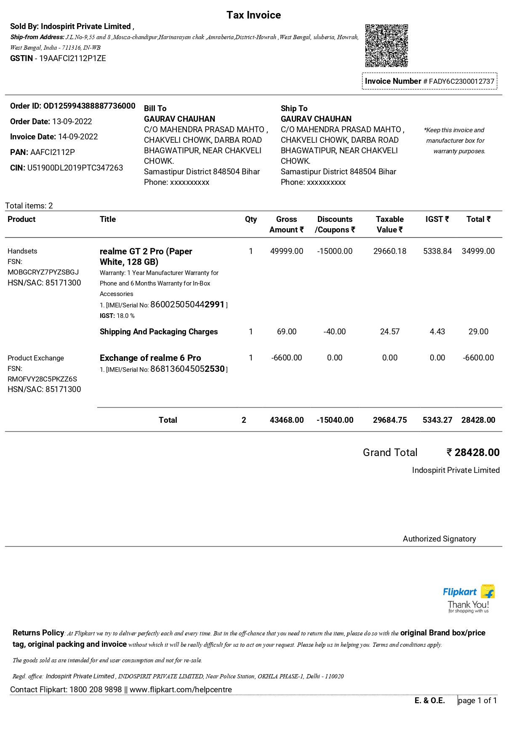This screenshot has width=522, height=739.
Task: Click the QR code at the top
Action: coord(386,45)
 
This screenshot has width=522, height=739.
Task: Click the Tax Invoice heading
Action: coord(253,15)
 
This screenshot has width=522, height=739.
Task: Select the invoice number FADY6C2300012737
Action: coord(461,81)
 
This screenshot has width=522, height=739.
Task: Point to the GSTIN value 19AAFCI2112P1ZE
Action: coord(72,59)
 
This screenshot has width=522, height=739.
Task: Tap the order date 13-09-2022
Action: coord(72,122)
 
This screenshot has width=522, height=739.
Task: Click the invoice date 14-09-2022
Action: coord(78,137)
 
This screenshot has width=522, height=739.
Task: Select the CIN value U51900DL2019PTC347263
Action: coord(75,168)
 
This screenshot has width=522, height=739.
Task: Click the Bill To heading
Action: coord(155,109)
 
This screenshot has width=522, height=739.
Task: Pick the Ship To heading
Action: coord(294,109)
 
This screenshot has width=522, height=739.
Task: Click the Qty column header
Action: coord(251,219)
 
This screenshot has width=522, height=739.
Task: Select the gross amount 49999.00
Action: coord(287,251)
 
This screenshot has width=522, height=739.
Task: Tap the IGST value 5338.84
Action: coord(437,251)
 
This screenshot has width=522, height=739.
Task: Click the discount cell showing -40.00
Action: coord(335,332)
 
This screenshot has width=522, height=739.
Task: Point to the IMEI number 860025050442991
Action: coord(187,304)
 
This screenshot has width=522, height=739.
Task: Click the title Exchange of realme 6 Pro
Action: coord(150,358)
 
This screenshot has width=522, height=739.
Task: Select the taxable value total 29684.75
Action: coord(390,420)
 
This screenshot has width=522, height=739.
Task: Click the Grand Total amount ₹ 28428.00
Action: coord(473,453)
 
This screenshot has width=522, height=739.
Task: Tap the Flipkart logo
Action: coord(469,592)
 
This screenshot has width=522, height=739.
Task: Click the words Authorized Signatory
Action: coord(439,539)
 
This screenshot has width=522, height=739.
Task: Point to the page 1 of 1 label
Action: coord(477,701)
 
